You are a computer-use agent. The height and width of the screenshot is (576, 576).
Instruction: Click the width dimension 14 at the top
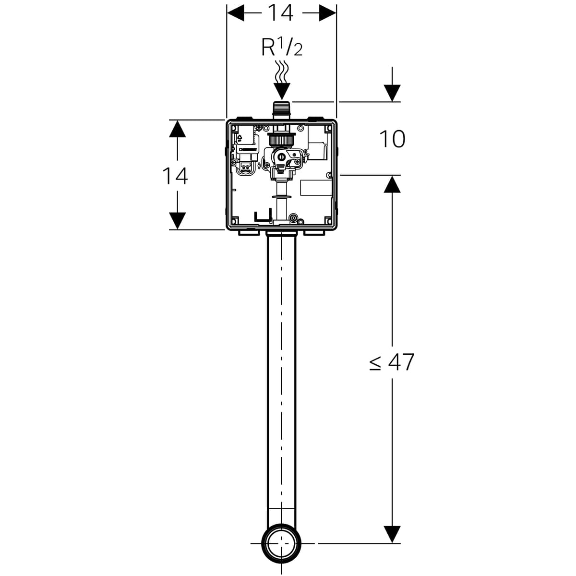(280, 13)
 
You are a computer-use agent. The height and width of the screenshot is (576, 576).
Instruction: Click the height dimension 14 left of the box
(175, 176)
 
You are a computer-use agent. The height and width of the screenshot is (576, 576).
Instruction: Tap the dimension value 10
(392, 139)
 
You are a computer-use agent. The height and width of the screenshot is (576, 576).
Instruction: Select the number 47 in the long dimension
(401, 362)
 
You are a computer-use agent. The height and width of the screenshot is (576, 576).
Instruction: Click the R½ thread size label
(282, 47)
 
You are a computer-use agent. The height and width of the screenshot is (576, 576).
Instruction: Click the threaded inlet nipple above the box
(282, 110)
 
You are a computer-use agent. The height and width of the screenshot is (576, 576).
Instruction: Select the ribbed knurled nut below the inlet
(281, 140)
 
